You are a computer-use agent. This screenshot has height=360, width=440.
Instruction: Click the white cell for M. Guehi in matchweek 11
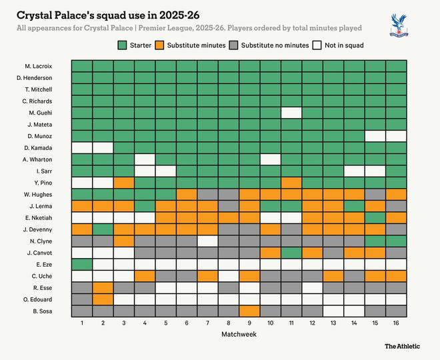click(x=291, y=113)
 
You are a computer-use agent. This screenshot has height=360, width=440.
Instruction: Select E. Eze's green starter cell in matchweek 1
click(x=81, y=264)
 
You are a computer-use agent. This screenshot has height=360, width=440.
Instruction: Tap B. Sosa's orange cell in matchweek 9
click(x=249, y=311)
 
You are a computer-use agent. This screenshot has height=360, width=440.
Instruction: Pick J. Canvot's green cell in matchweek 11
click(x=291, y=253)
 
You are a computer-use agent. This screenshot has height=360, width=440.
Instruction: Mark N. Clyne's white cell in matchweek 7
click(x=207, y=241)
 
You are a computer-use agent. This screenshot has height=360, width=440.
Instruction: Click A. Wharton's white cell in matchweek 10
click(x=270, y=159)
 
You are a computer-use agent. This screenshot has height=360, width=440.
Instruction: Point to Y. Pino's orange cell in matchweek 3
click(x=123, y=183)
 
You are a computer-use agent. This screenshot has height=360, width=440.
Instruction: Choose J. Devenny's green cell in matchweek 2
click(x=102, y=229)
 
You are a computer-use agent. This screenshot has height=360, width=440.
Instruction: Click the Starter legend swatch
click(x=122, y=45)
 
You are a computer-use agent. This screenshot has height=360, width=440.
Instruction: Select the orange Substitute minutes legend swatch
click(x=160, y=45)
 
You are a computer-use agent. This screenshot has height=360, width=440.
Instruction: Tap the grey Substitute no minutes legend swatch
click(x=233, y=45)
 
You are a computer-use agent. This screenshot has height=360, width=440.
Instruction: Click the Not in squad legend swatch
click(x=319, y=45)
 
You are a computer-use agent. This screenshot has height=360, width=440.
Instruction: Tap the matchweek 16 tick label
click(x=395, y=323)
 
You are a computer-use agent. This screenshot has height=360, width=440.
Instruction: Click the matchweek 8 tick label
click(x=228, y=323)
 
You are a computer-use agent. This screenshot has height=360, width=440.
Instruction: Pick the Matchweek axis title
click(x=238, y=334)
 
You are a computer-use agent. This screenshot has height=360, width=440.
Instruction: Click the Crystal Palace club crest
click(x=399, y=25)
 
